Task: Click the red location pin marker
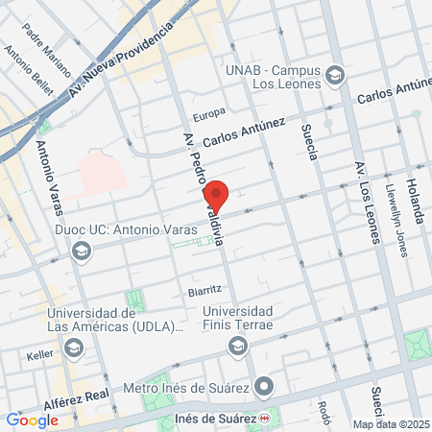pyautogui.click(x=217, y=196)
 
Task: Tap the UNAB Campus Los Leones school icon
pyautogui.click(x=335, y=75)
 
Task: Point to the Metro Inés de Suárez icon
pyautogui.click(x=266, y=389)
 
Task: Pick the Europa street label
pyautogui.click(x=208, y=115)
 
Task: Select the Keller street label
pyautogui.click(x=40, y=354)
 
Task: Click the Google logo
pyautogui.click(x=32, y=420)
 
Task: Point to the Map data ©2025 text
pyautogui.click(x=391, y=424)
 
